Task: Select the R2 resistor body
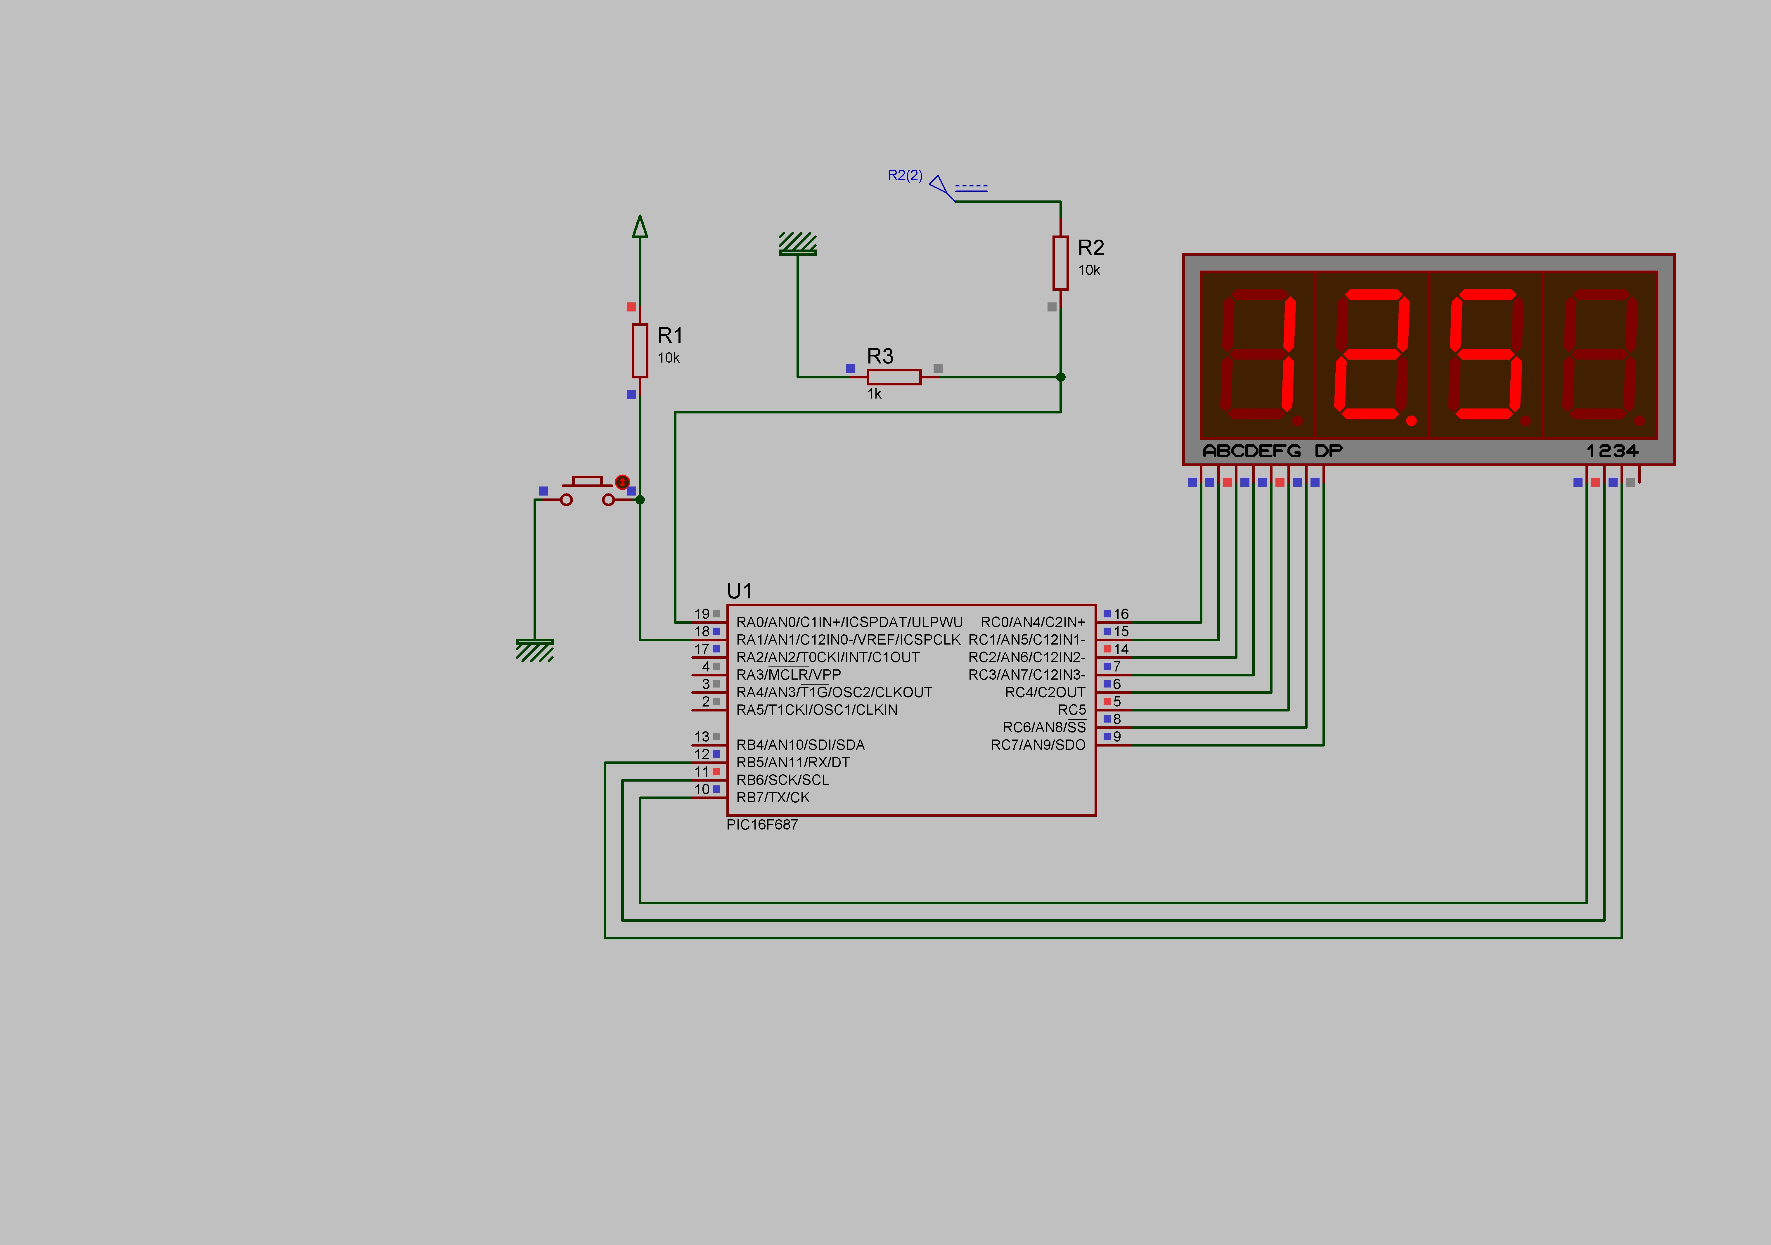(x=1061, y=263)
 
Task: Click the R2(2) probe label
(x=905, y=175)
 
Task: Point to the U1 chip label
(x=739, y=591)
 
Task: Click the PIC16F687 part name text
(x=762, y=825)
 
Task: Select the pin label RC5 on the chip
(x=1071, y=710)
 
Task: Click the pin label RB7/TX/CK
(x=773, y=798)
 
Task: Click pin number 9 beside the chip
(x=1117, y=737)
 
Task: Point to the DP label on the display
(x=1328, y=451)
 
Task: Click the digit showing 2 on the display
(x=1372, y=355)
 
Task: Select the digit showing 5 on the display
(x=1486, y=355)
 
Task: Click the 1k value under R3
(x=874, y=394)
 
